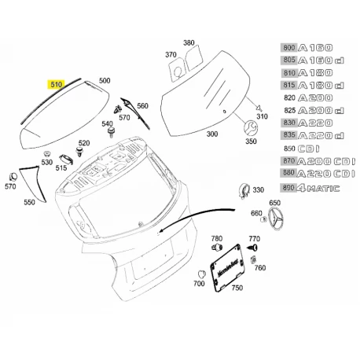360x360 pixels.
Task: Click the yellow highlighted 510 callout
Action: point(56,84)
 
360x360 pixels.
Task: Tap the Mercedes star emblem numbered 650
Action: point(276,218)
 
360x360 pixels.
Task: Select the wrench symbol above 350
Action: point(251,127)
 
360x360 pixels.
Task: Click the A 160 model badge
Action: point(315,48)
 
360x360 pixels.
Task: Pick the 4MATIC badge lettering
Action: point(318,188)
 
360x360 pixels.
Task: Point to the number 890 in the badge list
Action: point(288,188)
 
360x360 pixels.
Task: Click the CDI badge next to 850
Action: point(309,149)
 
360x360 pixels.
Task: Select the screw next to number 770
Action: point(253,248)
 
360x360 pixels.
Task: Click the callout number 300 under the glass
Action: point(212,134)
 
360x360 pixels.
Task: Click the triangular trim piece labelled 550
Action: point(33,183)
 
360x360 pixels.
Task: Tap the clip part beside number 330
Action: point(244,190)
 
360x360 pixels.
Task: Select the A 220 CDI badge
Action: point(326,174)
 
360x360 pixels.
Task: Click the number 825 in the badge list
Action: point(289,111)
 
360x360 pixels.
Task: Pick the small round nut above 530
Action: point(47,154)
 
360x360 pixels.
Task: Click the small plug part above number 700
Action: point(202,274)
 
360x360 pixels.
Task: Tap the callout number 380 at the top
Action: point(189,42)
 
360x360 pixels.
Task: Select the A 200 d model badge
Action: point(321,111)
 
